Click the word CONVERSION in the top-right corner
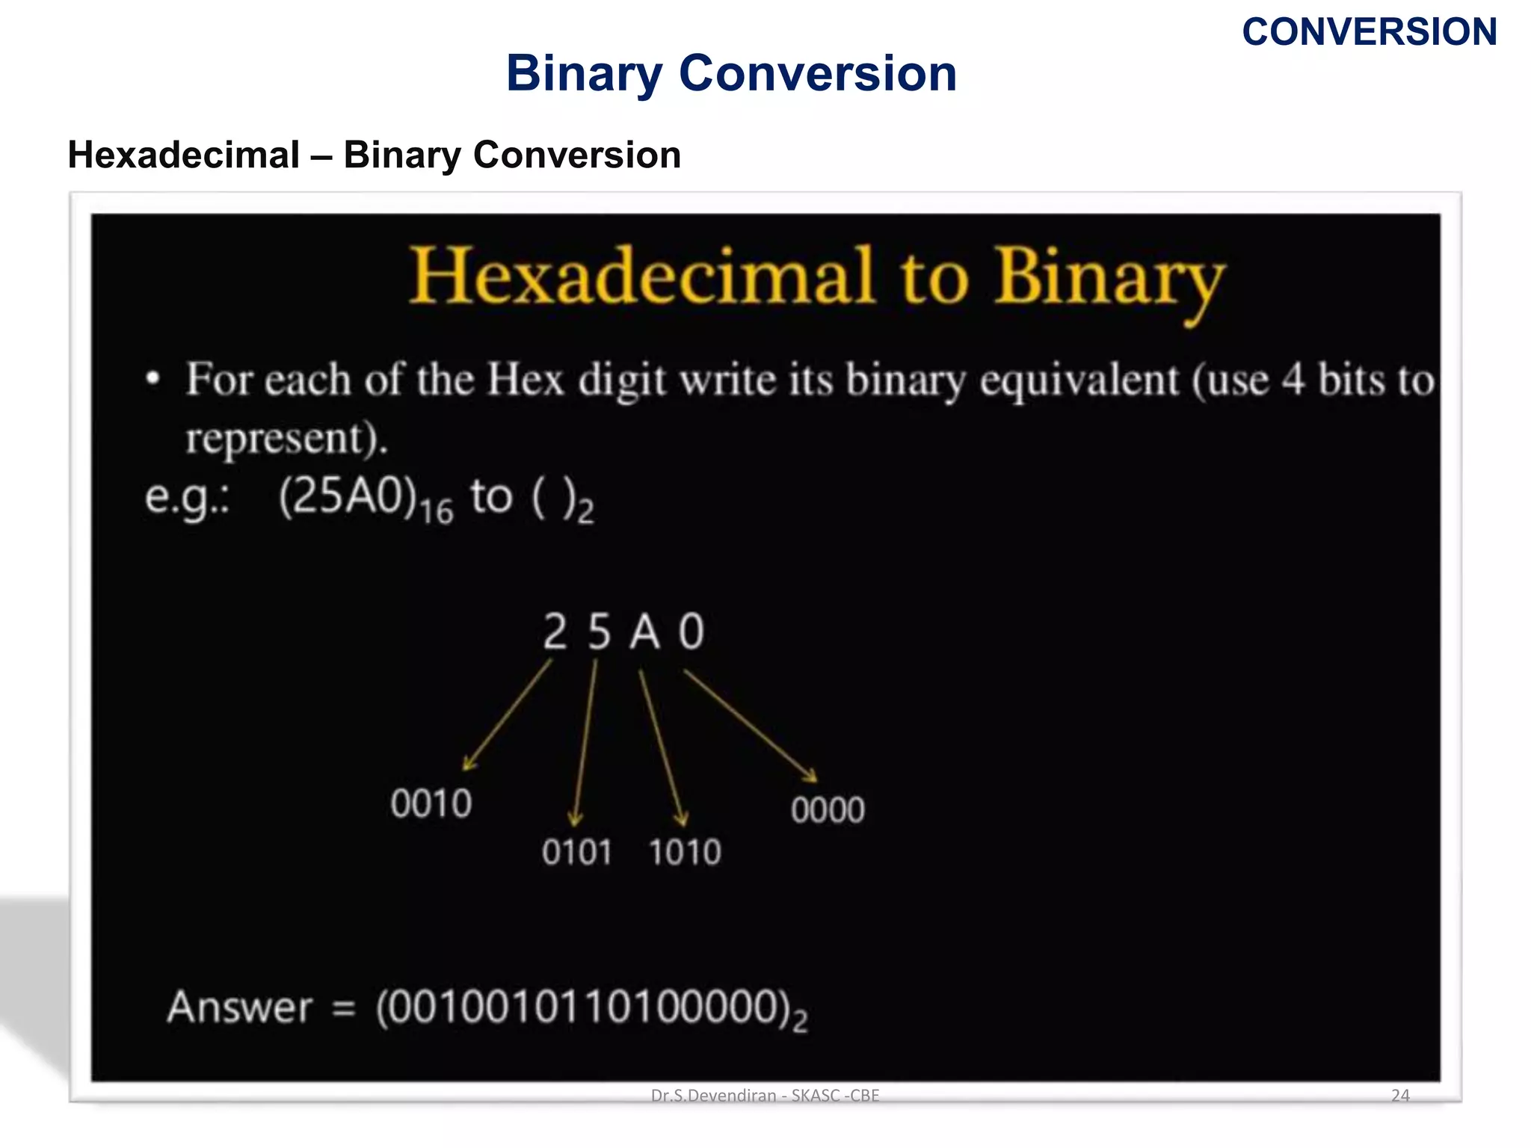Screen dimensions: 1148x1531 tap(1369, 32)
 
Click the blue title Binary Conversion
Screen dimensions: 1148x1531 tap(731, 73)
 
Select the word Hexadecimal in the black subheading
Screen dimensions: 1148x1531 tap(183, 155)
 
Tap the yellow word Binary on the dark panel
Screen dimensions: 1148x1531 tap(1109, 278)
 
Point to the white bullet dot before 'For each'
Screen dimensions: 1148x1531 tap(153, 378)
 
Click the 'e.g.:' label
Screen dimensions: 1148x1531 tap(188, 499)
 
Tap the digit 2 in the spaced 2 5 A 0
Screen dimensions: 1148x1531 tap(555, 632)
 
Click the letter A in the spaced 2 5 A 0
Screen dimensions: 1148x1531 tap(644, 632)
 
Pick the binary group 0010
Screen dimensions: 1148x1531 tap(431, 804)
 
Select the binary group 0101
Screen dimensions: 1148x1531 tap(576, 853)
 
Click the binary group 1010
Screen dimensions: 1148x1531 tap(684, 853)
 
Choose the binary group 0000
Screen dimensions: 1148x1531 tap(828, 810)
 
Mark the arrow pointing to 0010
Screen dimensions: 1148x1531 tap(508, 715)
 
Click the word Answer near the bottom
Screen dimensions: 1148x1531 tap(239, 1007)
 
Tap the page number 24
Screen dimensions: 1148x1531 tap(1399, 1096)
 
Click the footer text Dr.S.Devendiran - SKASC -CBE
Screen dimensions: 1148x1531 tap(765, 1096)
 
